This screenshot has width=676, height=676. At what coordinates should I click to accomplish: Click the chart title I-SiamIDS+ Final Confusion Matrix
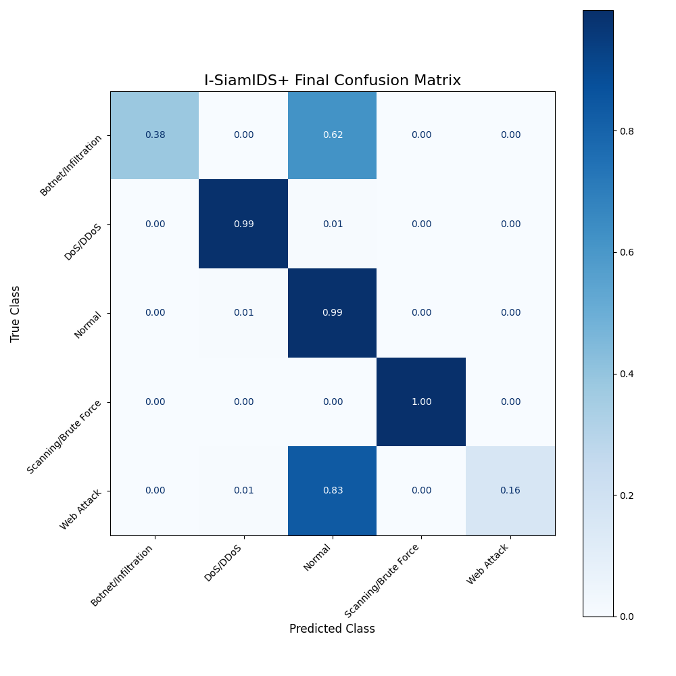pos(333,81)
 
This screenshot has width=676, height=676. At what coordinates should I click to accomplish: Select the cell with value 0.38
pos(155,135)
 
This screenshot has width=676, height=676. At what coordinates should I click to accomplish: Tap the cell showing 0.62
pos(333,135)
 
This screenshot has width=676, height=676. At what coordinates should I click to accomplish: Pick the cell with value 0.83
pos(333,491)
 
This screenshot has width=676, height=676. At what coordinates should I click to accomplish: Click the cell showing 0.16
pos(510,491)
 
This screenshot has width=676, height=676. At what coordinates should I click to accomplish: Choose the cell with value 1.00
pos(421,402)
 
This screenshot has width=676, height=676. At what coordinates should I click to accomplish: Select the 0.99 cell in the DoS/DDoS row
pos(243,224)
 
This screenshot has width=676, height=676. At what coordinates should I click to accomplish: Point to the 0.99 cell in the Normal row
pos(333,313)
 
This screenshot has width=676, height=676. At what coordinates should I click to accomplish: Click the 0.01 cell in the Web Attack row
pos(243,491)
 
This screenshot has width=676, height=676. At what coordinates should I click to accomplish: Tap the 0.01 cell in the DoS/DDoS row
pos(333,224)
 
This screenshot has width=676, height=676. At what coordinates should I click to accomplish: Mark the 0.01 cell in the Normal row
pos(243,313)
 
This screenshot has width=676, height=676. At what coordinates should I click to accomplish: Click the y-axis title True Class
pos(16,314)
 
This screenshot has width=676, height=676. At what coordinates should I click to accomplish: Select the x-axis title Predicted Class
pos(332,629)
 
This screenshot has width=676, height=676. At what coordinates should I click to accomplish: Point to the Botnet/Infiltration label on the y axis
pos(72,165)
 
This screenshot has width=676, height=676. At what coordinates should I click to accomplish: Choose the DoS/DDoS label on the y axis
pos(84,242)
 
